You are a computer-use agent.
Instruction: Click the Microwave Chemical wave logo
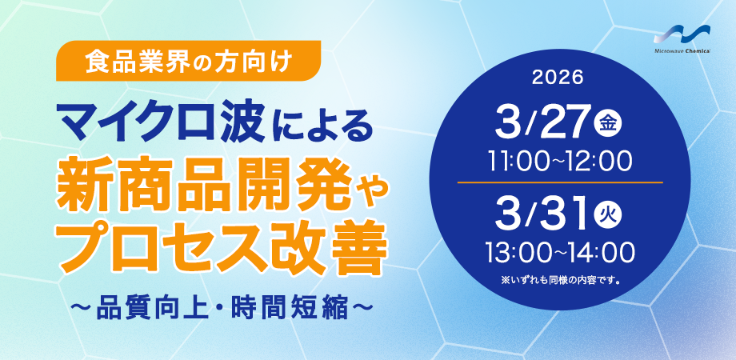(x=689, y=36)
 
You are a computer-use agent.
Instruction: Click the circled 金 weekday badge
(x=608, y=123)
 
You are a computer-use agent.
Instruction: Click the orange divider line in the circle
(x=560, y=182)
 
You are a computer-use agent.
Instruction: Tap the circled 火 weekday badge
(x=608, y=215)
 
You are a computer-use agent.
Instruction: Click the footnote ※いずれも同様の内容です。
(x=561, y=282)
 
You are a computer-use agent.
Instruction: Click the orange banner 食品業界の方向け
(x=188, y=61)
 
